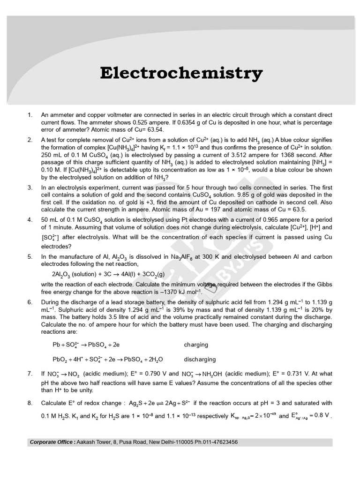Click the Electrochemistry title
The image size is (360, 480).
181,73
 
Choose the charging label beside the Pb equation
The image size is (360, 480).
196,345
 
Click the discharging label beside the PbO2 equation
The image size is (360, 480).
200,360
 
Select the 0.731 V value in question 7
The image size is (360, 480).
273,374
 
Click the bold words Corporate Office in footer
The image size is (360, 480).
51,442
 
